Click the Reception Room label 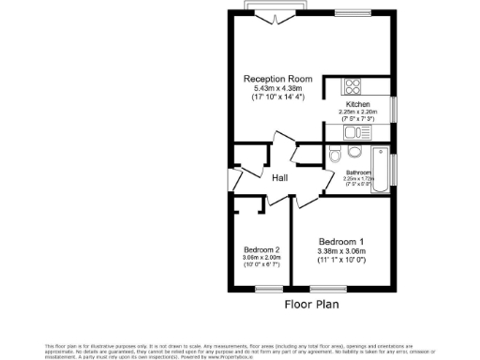(x=278, y=78)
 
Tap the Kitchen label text (x=357, y=103)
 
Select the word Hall (x=279, y=178)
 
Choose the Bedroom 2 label (x=262, y=249)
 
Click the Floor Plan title (x=312, y=304)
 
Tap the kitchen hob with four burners (x=338, y=84)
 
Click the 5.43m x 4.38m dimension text (x=278, y=88)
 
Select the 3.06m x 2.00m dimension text (x=262, y=258)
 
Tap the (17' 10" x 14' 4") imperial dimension (x=278, y=97)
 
